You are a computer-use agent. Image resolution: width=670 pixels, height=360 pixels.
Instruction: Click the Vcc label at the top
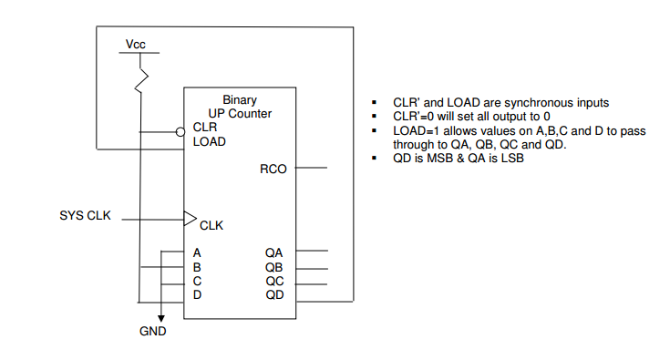tap(136, 45)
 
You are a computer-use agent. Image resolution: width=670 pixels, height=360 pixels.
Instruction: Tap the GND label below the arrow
tap(153, 332)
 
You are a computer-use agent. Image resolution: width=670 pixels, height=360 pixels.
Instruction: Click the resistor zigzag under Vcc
tap(141, 79)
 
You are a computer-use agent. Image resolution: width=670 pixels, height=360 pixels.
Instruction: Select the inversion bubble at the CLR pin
tap(180, 130)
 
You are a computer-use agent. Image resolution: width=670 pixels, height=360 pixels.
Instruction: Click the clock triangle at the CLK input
tap(190, 219)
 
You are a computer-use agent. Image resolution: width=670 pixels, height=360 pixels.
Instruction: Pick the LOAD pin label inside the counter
tap(210, 142)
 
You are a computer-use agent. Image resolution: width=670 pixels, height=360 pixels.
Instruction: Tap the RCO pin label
tap(273, 169)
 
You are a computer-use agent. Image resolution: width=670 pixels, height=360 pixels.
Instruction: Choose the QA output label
tap(275, 252)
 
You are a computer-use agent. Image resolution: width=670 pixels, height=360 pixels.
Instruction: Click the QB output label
tap(275, 267)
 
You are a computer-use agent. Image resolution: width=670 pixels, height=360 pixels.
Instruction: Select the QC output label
tap(275, 282)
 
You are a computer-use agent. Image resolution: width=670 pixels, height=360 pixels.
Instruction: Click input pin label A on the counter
tap(197, 252)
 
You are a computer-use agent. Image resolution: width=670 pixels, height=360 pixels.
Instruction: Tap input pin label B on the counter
tap(197, 267)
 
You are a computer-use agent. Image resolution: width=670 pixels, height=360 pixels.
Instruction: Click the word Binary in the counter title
tap(240, 99)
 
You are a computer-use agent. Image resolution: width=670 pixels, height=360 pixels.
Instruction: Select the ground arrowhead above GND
tap(161, 315)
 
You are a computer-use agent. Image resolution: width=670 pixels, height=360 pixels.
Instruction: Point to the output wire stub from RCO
tap(311, 169)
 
